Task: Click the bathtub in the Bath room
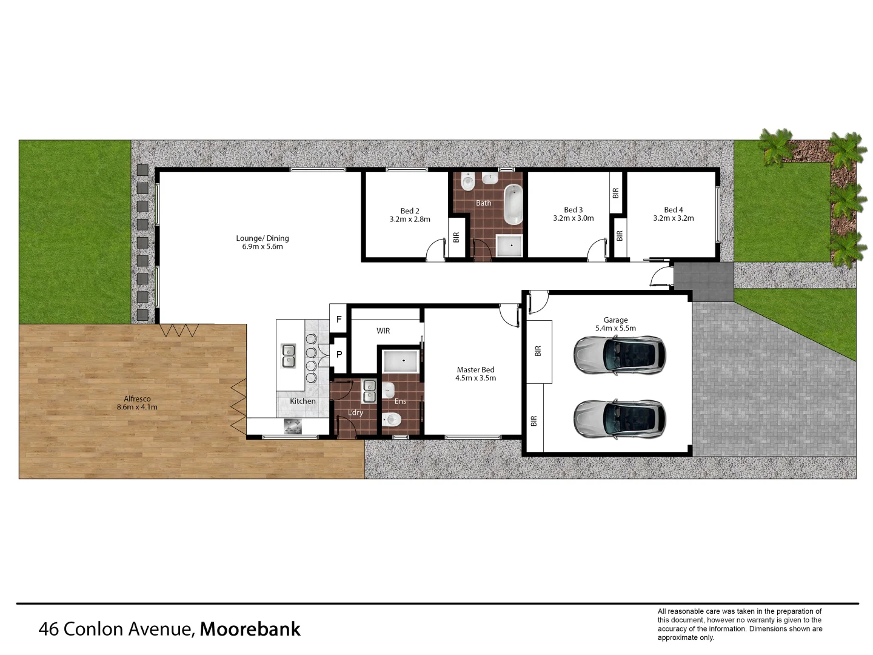click(513, 204)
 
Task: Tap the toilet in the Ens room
click(392, 418)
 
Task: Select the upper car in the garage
click(619, 354)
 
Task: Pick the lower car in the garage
click(619, 418)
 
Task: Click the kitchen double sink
click(289, 356)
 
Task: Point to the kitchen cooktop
click(292, 426)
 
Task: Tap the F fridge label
click(339, 319)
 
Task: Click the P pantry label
click(339, 354)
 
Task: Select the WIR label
click(383, 331)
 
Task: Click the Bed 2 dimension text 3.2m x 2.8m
click(410, 220)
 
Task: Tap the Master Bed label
click(475, 369)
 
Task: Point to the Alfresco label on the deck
click(137, 398)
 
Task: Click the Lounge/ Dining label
click(263, 238)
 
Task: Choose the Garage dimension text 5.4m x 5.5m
click(615, 328)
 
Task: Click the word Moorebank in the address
click(250, 629)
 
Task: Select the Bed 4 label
click(673, 210)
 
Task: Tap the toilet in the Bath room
click(467, 181)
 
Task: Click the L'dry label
click(355, 412)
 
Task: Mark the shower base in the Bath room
click(509, 246)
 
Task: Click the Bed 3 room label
click(573, 210)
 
